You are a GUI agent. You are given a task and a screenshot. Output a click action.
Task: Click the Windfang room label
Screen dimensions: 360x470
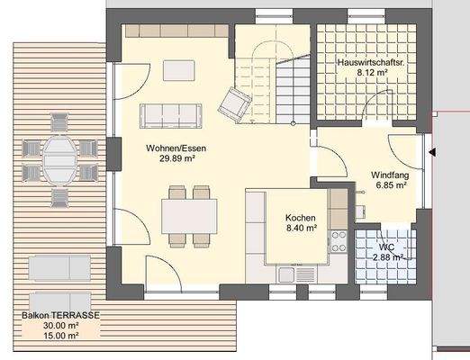(x=389, y=175)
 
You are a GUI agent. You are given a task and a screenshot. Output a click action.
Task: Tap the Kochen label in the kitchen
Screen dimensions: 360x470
(x=300, y=219)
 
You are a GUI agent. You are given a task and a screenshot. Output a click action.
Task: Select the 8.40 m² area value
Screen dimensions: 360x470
(x=300, y=229)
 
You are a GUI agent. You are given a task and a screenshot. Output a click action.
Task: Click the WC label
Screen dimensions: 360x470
(x=385, y=247)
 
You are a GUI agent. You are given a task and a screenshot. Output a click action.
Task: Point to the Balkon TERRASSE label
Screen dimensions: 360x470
(x=61, y=316)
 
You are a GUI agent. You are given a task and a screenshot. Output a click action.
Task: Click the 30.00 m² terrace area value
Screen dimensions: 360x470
(x=61, y=326)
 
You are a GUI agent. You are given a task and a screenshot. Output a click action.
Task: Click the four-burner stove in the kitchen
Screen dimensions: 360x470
(x=339, y=240)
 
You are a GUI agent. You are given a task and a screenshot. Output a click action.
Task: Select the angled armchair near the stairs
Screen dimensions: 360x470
(x=235, y=103)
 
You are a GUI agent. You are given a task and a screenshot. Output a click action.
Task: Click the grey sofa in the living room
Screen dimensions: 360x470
(x=170, y=114)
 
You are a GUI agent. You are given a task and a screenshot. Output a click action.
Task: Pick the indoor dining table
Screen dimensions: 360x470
(x=189, y=215)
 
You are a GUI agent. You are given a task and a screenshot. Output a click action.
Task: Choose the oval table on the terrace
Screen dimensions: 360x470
(x=60, y=160)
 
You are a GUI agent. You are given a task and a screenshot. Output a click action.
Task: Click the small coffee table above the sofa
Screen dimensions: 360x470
(x=176, y=70)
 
